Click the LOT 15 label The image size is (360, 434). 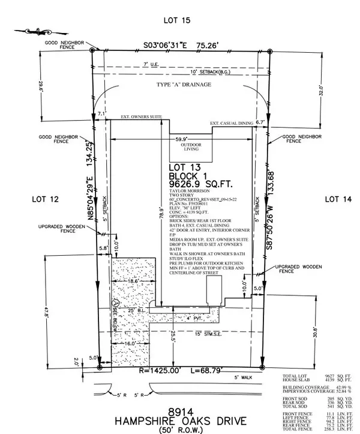(176, 20)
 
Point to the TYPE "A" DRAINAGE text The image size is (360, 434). (184, 85)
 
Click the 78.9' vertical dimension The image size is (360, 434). (161, 214)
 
